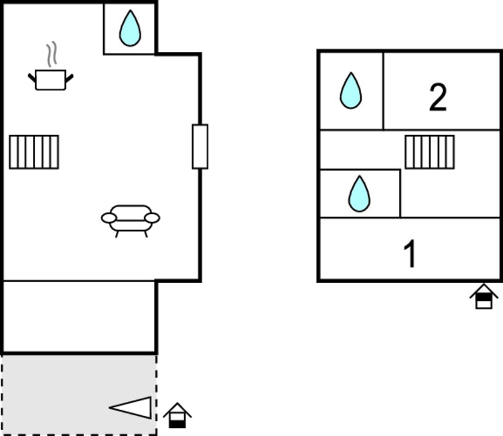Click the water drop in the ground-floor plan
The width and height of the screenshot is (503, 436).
[x=130, y=28]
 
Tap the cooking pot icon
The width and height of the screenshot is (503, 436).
[x=51, y=80]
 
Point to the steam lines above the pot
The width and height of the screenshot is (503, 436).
[x=52, y=54]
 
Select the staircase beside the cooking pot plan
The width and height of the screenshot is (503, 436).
[x=34, y=152]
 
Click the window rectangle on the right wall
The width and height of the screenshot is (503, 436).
[x=200, y=146]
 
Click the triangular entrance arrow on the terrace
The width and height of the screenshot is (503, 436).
[x=130, y=407]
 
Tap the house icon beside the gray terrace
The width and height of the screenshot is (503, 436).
[x=177, y=415]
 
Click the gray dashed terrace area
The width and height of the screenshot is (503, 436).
[x=79, y=395]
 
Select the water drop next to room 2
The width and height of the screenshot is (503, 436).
[x=350, y=91]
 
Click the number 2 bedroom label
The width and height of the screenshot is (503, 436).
[x=438, y=97]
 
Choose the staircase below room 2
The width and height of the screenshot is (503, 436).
[x=430, y=152]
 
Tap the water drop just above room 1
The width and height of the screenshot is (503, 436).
[x=359, y=194]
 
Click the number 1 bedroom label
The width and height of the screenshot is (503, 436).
[x=410, y=253]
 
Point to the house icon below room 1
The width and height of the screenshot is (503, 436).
[x=484, y=296]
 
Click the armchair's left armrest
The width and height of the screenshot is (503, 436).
[x=109, y=218]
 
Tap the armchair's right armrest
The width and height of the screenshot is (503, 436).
[x=152, y=218]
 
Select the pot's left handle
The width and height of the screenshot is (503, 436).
[x=32, y=78]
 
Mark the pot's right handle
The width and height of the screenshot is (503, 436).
[x=70, y=78]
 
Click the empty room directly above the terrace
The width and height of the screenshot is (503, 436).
[x=79, y=316]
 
